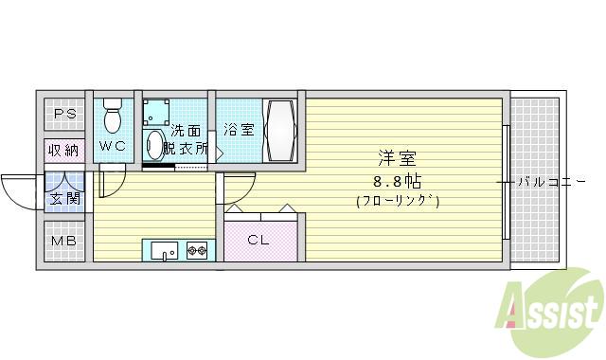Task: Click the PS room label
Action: [64, 115]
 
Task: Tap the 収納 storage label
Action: [64, 150]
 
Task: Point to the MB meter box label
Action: [64, 241]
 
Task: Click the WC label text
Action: [113, 146]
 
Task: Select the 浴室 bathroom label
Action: [239, 130]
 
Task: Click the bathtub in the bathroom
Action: [281, 129]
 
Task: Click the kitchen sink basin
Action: [164, 251]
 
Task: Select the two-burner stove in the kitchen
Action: [198, 251]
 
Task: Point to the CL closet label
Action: [258, 240]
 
